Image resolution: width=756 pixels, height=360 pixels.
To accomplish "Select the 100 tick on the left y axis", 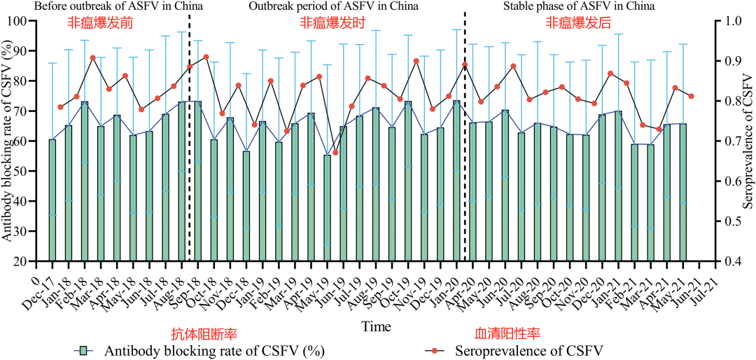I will (28, 21).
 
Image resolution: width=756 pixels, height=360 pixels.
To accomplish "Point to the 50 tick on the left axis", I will (31, 172).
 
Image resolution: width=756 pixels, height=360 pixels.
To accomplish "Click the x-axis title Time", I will (376, 326).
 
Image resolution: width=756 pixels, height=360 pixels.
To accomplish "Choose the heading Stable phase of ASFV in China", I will (580, 6).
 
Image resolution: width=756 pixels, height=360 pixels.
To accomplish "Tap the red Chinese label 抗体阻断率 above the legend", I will (199, 333).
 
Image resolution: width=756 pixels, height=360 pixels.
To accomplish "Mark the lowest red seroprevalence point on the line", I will (335, 152).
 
